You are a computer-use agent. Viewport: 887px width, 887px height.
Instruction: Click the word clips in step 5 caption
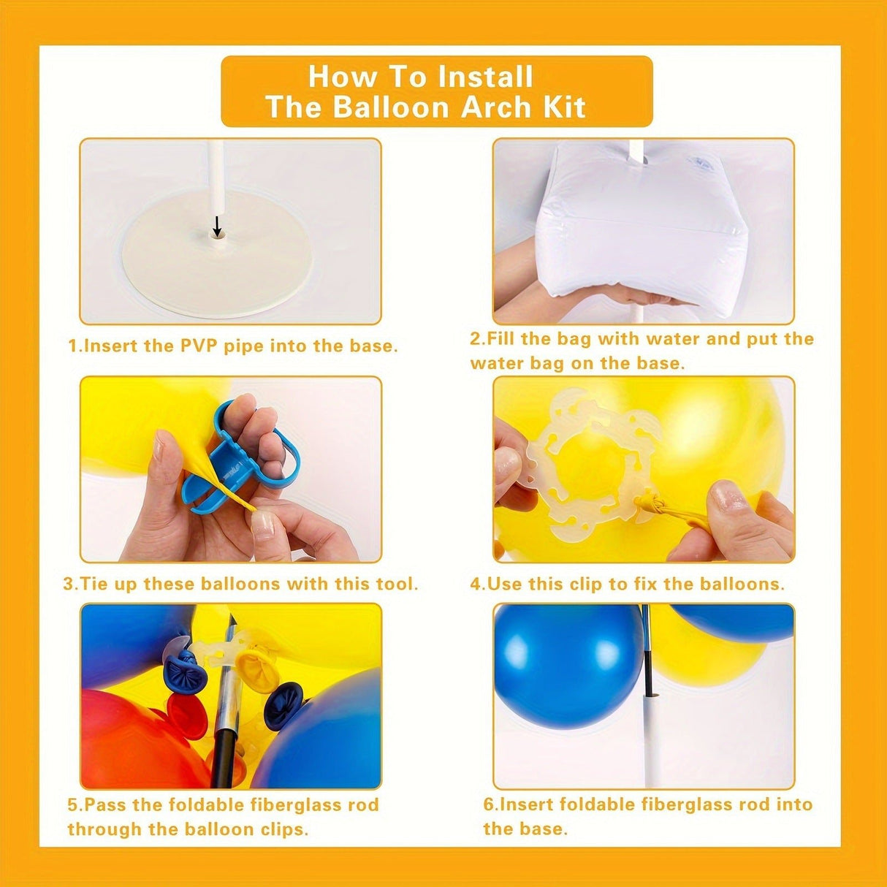[283, 829]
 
